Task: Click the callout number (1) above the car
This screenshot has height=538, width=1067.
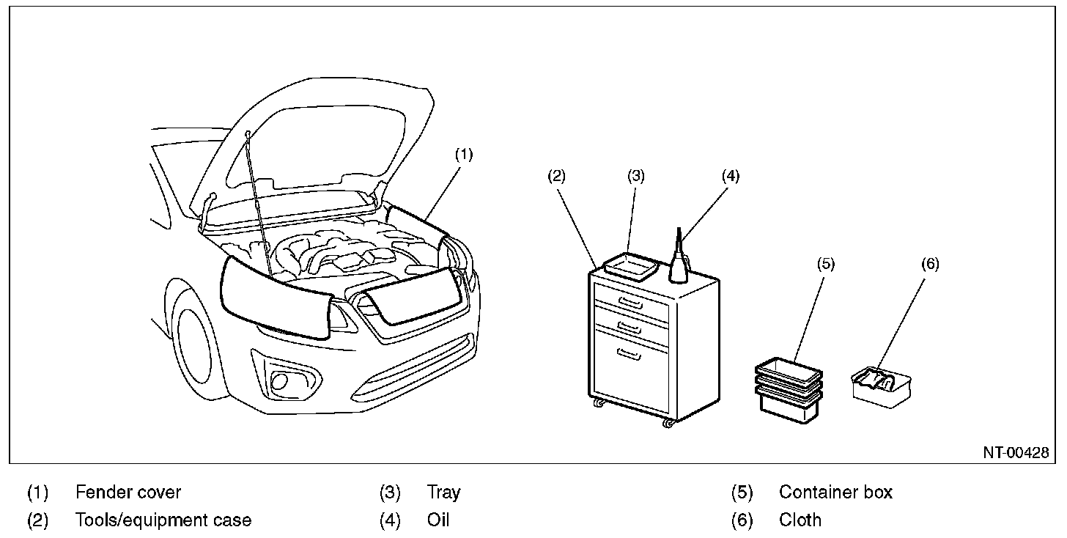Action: click(464, 155)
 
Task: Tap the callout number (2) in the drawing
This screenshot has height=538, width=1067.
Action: click(556, 176)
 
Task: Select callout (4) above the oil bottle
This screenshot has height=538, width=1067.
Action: click(730, 176)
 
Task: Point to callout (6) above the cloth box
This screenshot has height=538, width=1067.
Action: click(929, 265)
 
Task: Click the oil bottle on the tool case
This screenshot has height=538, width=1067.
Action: click(679, 260)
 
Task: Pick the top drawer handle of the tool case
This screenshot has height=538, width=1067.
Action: click(630, 301)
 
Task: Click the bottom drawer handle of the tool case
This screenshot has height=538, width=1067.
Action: click(629, 355)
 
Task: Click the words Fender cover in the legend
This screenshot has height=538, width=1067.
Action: click(128, 492)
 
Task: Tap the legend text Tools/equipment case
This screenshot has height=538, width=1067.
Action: click(163, 520)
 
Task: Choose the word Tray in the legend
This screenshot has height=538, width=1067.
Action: click(443, 492)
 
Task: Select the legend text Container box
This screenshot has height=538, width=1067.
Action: click(835, 492)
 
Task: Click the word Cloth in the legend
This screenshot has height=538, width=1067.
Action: click(800, 520)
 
